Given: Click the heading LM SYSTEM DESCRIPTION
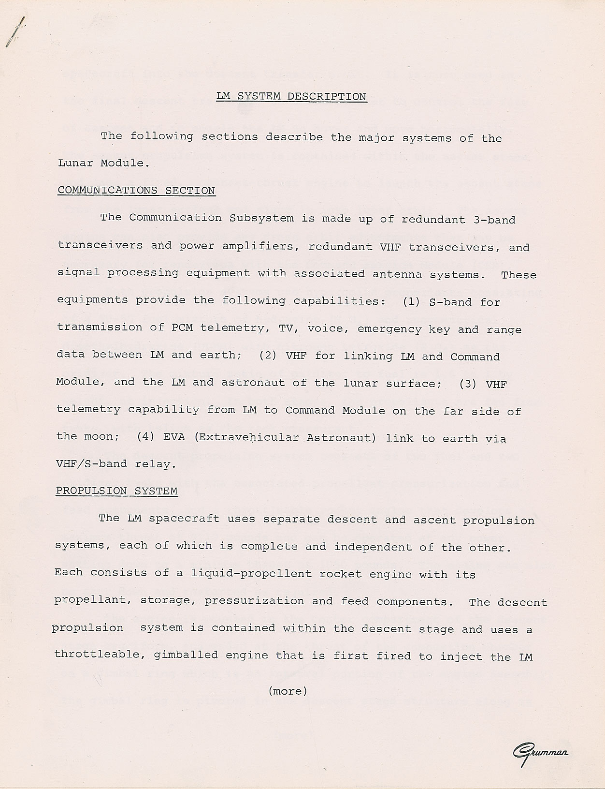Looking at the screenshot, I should pos(291,96).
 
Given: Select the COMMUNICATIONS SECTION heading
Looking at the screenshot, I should pos(136,190).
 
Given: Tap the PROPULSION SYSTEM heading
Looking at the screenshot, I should pos(116,491).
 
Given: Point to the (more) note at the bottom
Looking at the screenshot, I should pos(288,691).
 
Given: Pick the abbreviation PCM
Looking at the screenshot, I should pos(182,328).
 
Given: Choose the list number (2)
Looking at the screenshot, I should pos(268,356).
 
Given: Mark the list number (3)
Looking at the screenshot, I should pos(467,384).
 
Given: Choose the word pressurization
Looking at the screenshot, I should pos(254,601).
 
